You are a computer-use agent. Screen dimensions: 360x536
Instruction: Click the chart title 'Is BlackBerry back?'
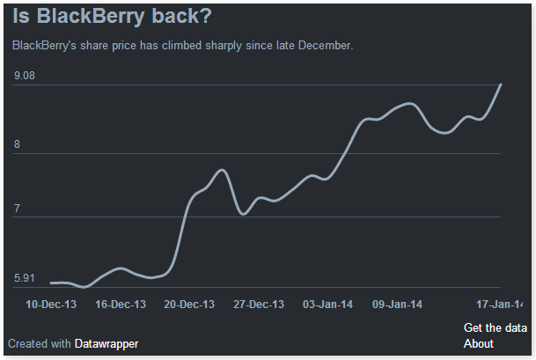tap(112, 17)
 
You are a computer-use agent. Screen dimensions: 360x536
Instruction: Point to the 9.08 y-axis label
tap(24, 77)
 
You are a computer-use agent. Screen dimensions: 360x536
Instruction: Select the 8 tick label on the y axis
tap(17, 144)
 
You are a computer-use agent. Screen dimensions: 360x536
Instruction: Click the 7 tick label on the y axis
tap(17, 209)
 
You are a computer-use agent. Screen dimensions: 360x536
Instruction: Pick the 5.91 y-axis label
tap(24, 279)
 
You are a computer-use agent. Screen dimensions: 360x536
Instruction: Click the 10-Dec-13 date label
tap(51, 305)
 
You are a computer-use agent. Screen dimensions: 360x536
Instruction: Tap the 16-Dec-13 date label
tap(121, 305)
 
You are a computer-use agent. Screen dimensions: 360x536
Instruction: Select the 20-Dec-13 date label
tap(189, 305)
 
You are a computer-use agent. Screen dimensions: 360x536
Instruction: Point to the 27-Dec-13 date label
tap(259, 305)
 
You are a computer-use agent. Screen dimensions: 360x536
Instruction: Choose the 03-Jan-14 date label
tap(328, 305)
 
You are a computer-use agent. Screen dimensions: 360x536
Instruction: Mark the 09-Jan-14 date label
tap(397, 305)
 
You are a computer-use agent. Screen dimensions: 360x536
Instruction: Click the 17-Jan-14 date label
tap(500, 305)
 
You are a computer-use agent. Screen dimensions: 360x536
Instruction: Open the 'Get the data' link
tap(496, 328)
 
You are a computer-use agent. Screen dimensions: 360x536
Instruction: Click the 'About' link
tap(479, 343)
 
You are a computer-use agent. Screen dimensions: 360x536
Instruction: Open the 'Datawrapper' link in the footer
tap(106, 343)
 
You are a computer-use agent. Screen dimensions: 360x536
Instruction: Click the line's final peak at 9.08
tap(501, 84)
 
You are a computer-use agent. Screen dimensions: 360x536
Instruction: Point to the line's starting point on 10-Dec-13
tap(51, 283)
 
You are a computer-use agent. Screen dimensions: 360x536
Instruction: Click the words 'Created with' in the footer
tap(40, 343)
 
